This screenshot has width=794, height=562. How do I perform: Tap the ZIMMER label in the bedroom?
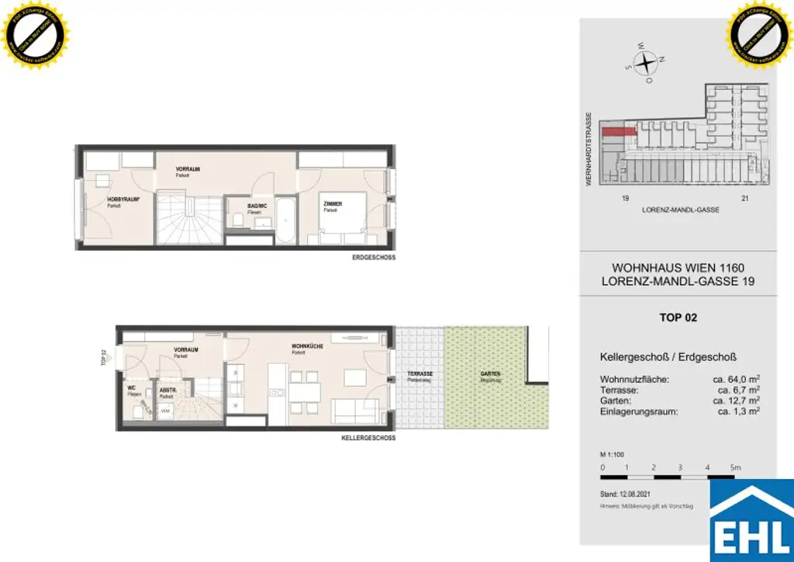[x=333, y=203]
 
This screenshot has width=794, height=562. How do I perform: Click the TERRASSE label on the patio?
[x=419, y=374]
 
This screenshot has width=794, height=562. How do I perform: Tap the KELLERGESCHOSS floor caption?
[x=368, y=438]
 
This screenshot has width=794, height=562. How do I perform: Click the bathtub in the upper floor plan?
[x=285, y=220]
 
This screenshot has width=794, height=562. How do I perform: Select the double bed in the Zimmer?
[x=341, y=221]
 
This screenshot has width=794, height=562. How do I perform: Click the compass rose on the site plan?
[x=645, y=61]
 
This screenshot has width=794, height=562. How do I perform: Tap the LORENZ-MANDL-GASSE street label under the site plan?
[x=681, y=210]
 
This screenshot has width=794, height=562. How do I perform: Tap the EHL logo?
[x=752, y=522]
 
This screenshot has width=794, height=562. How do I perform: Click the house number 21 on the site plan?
[x=745, y=199]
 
